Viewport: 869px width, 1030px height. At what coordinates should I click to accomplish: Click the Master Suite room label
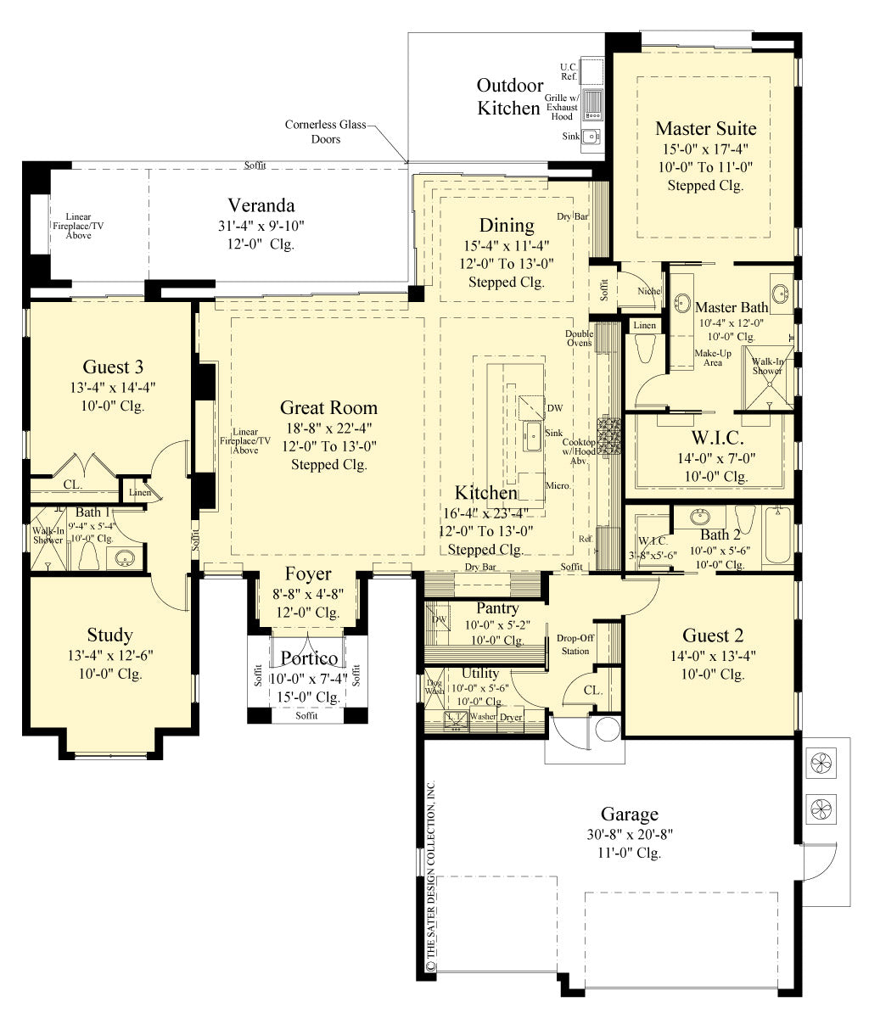tap(705, 129)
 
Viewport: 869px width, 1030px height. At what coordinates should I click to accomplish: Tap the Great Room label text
tap(328, 408)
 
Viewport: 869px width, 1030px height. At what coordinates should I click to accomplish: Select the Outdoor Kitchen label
tap(509, 97)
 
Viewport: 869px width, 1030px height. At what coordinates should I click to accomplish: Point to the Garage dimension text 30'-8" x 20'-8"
tap(630, 835)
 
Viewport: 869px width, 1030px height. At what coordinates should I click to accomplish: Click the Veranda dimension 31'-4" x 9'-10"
tap(261, 226)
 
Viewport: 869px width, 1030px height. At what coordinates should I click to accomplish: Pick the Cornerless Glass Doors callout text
tap(325, 132)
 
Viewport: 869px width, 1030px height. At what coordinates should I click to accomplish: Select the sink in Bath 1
tap(125, 558)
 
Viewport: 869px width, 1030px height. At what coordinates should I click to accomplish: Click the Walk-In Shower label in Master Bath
tap(767, 366)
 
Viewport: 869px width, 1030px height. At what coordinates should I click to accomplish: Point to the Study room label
tap(109, 635)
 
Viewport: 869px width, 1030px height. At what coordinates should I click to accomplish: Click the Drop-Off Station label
tap(575, 645)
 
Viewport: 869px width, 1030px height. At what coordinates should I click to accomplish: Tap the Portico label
tap(309, 658)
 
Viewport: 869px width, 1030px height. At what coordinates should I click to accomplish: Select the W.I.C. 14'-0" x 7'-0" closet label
tap(717, 439)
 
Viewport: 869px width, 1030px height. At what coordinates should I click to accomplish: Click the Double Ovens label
tap(579, 338)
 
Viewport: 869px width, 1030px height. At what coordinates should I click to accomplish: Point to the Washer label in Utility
tap(483, 717)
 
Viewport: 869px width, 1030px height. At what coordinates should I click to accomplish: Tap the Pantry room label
tap(497, 608)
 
